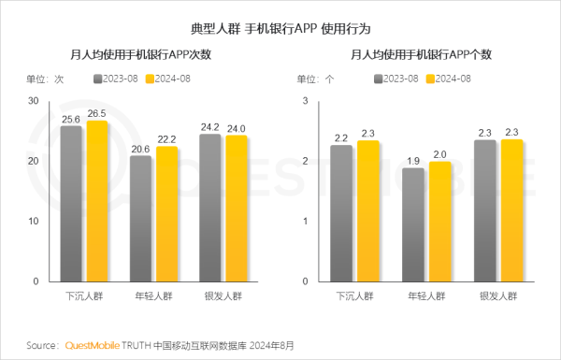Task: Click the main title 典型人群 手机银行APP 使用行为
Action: click(280, 30)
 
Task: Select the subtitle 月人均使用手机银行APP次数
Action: click(141, 56)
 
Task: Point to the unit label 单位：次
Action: click(44, 79)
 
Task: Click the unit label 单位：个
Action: click(315, 79)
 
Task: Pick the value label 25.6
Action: click(71, 120)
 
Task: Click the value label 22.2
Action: click(166, 139)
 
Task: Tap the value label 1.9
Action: click(412, 161)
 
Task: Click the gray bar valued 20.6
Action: click(141, 218)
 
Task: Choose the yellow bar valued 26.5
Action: click(97, 200)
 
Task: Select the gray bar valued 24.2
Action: click(211, 207)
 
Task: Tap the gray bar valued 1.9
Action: click(412, 224)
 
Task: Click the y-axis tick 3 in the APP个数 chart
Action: click(307, 101)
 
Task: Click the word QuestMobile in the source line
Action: click(97, 345)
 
